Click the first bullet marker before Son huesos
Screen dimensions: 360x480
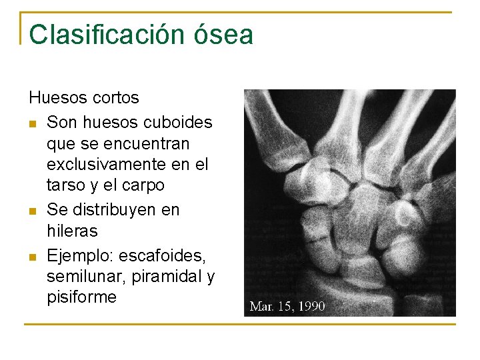pos(33,123)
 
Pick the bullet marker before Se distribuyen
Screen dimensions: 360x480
pos(33,211)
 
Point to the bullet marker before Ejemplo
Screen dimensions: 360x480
pos(33,255)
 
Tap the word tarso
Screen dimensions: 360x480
pos(66,185)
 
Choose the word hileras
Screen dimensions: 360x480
pos(72,231)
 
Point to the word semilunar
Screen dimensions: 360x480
pos(80,275)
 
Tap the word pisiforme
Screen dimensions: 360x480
pos(81,297)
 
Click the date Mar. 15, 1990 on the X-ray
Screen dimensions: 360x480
pos(287,306)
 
